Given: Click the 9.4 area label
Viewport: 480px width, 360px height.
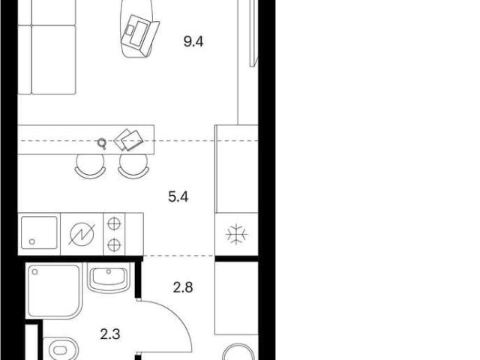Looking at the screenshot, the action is pyautogui.click(x=193, y=41).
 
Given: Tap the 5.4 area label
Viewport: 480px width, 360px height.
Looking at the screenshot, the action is pyautogui.click(x=178, y=196).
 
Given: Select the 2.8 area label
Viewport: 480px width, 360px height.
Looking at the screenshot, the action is pyautogui.click(x=183, y=288).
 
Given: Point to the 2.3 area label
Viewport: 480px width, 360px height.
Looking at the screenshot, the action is pyautogui.click(x=110, y=334).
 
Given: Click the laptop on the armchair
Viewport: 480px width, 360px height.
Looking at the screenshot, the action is pyautogui.click(x=140, y=36).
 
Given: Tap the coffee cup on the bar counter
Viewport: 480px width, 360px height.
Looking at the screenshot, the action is pyautogui.click(x=102, y=143).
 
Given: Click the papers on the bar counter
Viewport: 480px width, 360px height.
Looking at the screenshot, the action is pyautogui.click(x=128, y=140).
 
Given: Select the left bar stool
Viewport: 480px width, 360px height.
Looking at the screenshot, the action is pyautogui.click(x=90, y=166).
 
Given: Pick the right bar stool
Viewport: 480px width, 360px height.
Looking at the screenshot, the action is pyautogui.click(x=133, y=166).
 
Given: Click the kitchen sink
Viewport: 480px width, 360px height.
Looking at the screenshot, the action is pyautogui.click(x=39, y=232).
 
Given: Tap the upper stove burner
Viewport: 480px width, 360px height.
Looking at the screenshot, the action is pyautogui.click(x=114, y=223).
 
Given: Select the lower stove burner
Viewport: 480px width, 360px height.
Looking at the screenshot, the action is pyautogui.click(x=114, y=244).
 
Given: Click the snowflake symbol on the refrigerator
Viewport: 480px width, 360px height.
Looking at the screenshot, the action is pyautogui.click(x=237, y=235).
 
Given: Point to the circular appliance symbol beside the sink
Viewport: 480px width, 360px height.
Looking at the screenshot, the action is pyautogui.click(x=82, y=235).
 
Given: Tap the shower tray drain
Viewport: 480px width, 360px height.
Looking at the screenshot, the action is pyautogui.click(x=35, y=271).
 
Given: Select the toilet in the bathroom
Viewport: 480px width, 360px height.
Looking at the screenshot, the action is pyautogui.click(x=61, y=349).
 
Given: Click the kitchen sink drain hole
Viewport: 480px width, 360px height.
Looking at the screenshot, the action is pyautogui.click(x=31, y=241).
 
